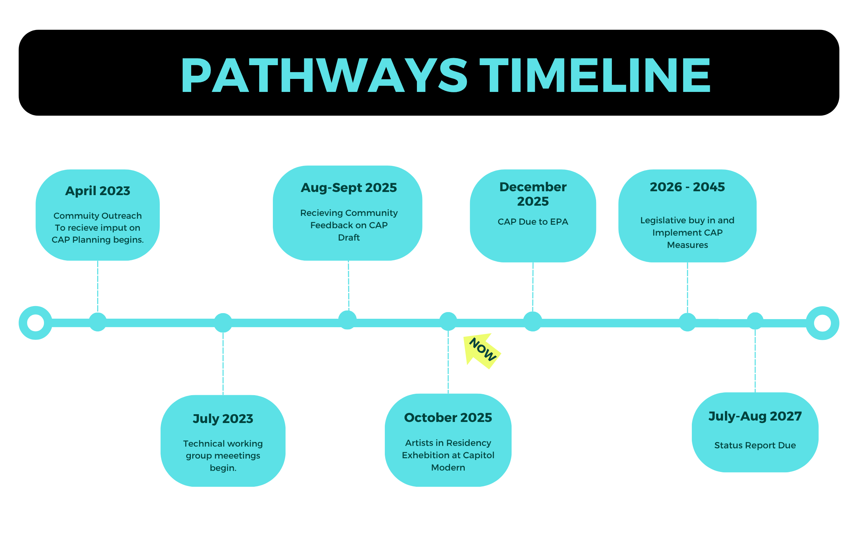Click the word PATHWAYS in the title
324,75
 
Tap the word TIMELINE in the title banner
595,75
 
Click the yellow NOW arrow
482,350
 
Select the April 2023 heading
98,191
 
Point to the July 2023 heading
223,419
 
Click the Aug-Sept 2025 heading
349,188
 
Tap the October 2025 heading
448,417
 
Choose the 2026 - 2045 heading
687,187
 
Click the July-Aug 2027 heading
755,416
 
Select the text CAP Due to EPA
533,222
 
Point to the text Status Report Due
755,445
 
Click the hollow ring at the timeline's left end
36,323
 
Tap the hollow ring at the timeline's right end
822,323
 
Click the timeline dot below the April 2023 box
98,322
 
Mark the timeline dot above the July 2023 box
223,323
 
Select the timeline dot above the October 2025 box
448,321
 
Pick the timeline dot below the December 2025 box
533,322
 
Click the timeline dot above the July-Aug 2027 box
755,321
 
